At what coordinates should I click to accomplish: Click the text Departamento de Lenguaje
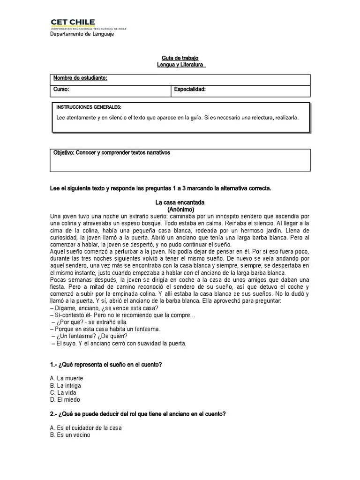click(82, 34)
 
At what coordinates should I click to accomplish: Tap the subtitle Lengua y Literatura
click(180, 65)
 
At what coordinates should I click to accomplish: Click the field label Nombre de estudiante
click(80, 78)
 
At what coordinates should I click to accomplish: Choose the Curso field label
click(61, 89)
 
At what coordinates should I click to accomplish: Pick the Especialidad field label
click(190, 89)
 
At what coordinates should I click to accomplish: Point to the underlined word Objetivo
click(64, 153)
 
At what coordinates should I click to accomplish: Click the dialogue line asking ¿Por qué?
click(90, 322)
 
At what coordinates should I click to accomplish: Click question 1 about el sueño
click(106, 365)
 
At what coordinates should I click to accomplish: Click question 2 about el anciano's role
click(138, 414)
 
